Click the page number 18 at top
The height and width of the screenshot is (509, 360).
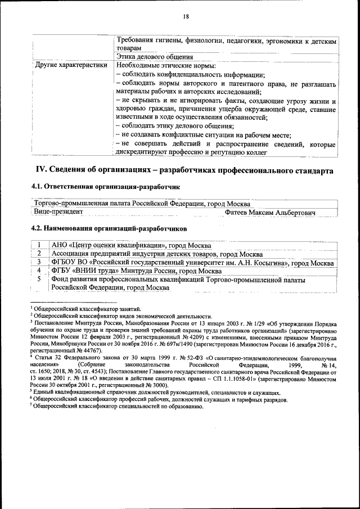(x=186, y=17)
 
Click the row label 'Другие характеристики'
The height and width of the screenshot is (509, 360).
(x=71, y=65)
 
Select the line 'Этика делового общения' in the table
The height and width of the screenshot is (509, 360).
(x=155, y=57)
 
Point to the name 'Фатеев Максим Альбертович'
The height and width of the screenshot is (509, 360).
(x=270, y=212)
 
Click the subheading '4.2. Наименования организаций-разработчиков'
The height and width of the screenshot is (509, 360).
(x=107, y=229)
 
